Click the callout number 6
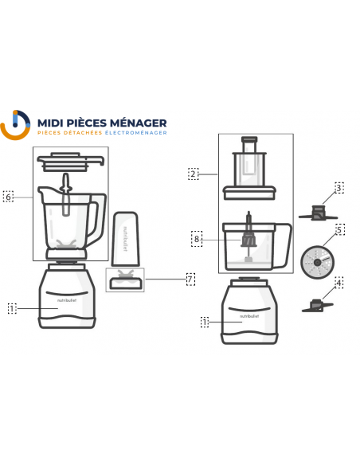point(9,196)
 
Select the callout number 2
point(193,173)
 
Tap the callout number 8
point(196,237)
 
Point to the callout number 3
point(338,188)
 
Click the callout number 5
point(338,230)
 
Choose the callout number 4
point(338,282)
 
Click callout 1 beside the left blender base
point(12,307)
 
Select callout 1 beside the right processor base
point(205,322)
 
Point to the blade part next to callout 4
point(316,304)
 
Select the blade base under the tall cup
point(124,278)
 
